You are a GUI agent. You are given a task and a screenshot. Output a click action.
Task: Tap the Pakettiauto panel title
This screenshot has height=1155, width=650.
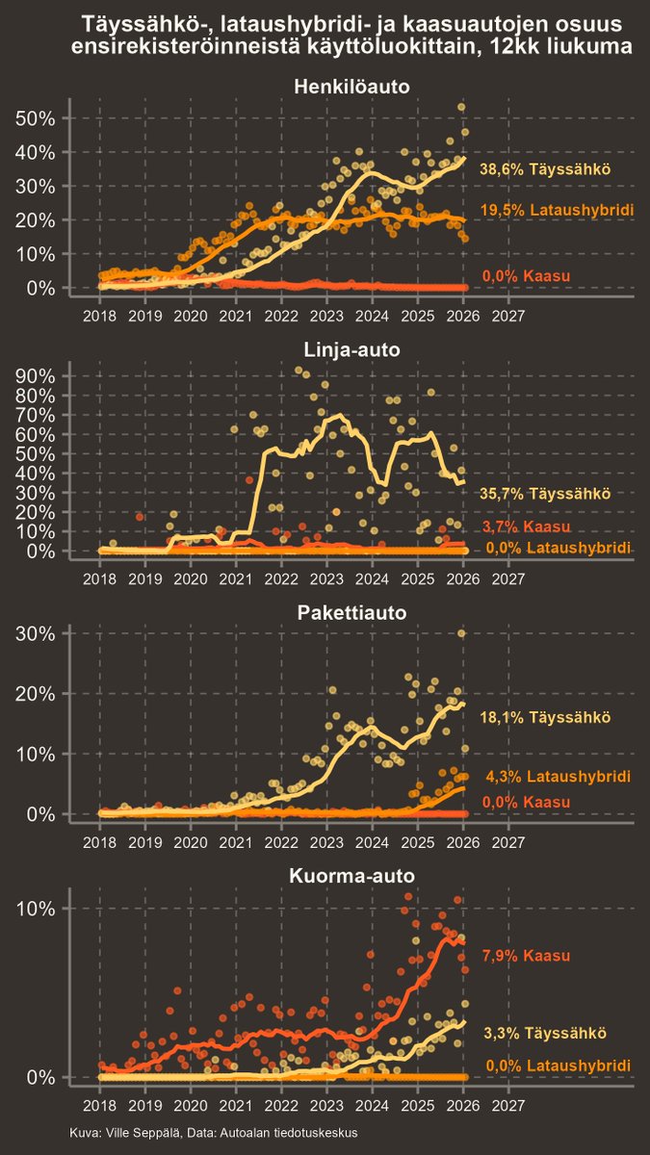click(351, 613)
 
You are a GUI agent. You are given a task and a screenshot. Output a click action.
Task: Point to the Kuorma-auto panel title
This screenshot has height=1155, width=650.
click(351, 877)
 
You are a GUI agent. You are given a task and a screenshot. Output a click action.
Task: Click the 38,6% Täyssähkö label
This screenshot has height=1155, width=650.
click(545, 169)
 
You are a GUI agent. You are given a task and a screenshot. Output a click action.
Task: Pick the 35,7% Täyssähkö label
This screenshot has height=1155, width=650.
click(545, 493)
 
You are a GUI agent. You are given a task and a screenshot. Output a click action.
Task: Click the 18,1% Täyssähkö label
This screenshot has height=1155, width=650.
click(545, 718)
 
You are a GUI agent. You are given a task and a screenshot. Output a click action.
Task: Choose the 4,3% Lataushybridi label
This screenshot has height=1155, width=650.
click(557, 777)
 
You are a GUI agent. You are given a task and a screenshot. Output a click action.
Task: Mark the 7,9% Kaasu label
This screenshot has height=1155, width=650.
click(526, 956)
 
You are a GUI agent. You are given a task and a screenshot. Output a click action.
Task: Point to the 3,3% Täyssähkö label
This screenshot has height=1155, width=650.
click(544, 1034)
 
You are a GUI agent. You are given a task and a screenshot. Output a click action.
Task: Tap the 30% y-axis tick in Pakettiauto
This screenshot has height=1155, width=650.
click(38, 633)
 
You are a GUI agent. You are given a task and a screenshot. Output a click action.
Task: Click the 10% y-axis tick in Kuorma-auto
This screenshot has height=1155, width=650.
click(38, 909)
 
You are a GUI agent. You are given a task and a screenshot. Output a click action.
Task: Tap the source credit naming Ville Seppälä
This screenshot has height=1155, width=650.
click(214, 1134)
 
